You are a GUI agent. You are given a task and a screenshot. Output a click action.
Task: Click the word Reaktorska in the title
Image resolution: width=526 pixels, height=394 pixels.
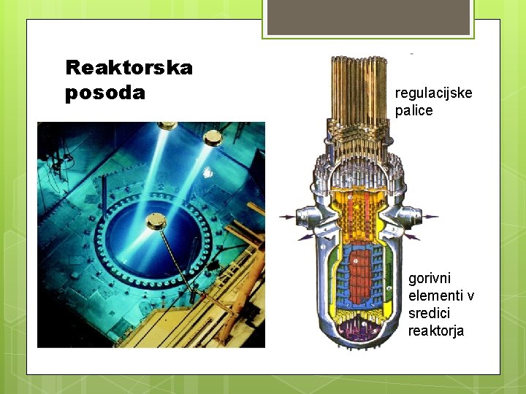pos(129,68)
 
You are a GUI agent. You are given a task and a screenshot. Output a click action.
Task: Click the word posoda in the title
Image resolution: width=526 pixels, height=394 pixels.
pos(105,93)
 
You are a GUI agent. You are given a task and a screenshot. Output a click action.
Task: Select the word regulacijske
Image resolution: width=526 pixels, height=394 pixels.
pos(433,93)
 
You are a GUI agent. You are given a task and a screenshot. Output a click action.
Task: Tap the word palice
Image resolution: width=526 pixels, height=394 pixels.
pos(413,111)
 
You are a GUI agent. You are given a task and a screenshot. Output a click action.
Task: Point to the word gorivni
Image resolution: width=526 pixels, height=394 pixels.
pos(430,279)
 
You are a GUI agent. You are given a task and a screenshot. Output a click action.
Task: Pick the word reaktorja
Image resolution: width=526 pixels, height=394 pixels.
pos(435,331)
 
